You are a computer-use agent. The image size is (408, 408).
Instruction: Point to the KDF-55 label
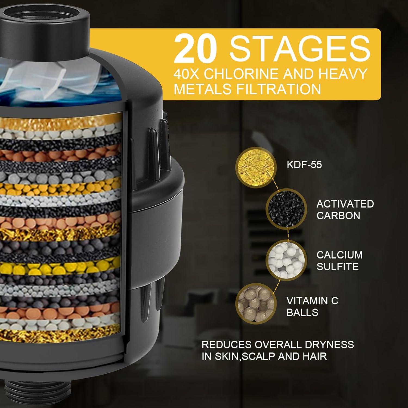click(x=304, y=165)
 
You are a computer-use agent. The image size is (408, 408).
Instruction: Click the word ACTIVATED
click(x=345, y=204)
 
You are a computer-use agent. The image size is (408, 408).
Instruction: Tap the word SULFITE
click(x=337, y=267)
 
